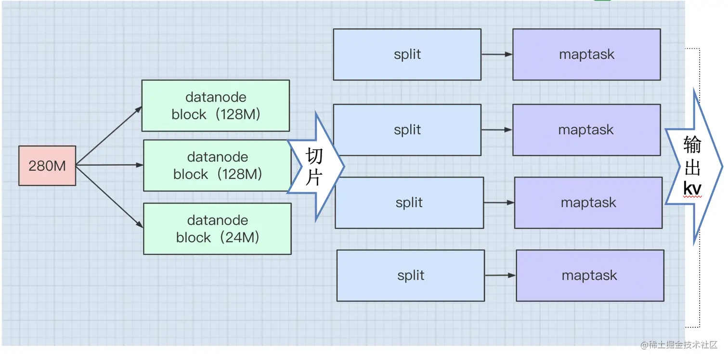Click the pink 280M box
click(x=47, y=166)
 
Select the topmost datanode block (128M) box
click(x=215, y=105)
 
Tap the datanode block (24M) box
click(x=217, y=229)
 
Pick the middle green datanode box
click(x=217, y=166)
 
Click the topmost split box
click(x=407, y=54)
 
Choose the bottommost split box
click(x=411, y=275)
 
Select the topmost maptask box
click(x=586, y=54)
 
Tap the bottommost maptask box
click(x=590, y=275)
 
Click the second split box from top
click(x=407, y=130)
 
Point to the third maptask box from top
click(x=588, y=203)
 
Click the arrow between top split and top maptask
click(x=497, y=54)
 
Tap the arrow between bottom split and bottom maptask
click(x=500, y=275)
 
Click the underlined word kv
click(x=692, y=189)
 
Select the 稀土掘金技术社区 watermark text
click(x=678, y=345)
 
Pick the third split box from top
click(x=409, y=203)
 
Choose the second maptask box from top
click(x=586, y=130)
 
